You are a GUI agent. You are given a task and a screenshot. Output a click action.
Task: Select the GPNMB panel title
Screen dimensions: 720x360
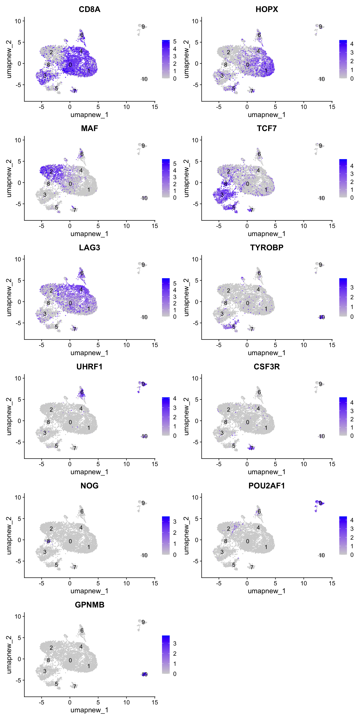(x=89, y=605)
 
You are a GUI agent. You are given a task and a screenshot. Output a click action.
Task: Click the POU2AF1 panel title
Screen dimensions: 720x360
(x=267, y=486)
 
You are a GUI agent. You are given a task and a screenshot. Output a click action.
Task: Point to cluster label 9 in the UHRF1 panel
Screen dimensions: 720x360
(x=143, y=384)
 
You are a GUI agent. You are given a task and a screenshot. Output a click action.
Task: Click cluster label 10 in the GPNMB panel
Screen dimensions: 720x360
(x=145, y=674)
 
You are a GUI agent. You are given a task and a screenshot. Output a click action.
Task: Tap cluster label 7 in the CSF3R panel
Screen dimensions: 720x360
(x=252, y=448)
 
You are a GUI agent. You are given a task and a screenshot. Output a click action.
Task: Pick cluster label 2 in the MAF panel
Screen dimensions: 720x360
(x=51, y=171)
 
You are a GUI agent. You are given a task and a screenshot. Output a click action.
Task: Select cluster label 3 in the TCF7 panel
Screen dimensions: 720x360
(x=222, y=195)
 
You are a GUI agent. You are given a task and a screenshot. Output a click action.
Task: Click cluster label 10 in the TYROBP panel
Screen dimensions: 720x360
(x=322, y=317)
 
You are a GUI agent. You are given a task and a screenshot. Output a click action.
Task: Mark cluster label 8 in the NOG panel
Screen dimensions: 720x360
(x=48, y=541)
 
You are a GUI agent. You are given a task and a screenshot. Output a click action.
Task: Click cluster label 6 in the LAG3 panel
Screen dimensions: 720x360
(x=82, y=273)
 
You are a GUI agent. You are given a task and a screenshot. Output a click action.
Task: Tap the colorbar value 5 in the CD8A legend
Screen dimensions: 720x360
(x=175, y=42)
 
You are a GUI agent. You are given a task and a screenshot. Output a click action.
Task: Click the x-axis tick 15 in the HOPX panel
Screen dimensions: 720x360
(x=332, y=107)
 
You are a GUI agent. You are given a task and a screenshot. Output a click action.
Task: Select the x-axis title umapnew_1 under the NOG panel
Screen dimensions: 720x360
(x=89, y=591)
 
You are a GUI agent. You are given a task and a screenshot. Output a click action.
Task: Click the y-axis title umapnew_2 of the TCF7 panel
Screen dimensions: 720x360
(x=186, y=178)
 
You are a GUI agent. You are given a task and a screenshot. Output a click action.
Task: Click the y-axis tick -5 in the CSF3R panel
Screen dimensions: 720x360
(x=195, y=442)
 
